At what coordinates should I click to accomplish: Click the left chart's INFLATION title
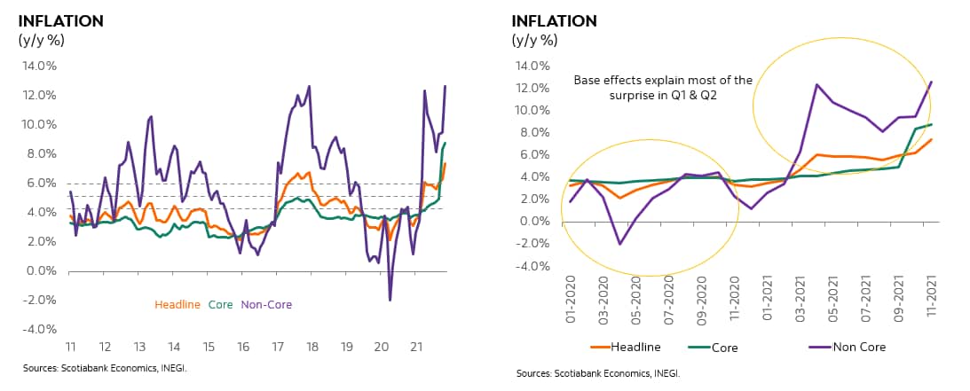[60, 20]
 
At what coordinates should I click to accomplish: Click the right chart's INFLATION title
[554, 20]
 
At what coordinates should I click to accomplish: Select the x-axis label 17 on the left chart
[276, 347]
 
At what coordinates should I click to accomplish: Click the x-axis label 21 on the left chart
[414, 347]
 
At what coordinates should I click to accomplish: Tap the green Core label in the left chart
[220, 305]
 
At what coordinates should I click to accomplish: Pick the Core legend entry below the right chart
[724, 347]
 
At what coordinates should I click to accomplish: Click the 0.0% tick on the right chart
[536, 221]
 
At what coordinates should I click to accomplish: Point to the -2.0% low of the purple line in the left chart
[390, 300]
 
